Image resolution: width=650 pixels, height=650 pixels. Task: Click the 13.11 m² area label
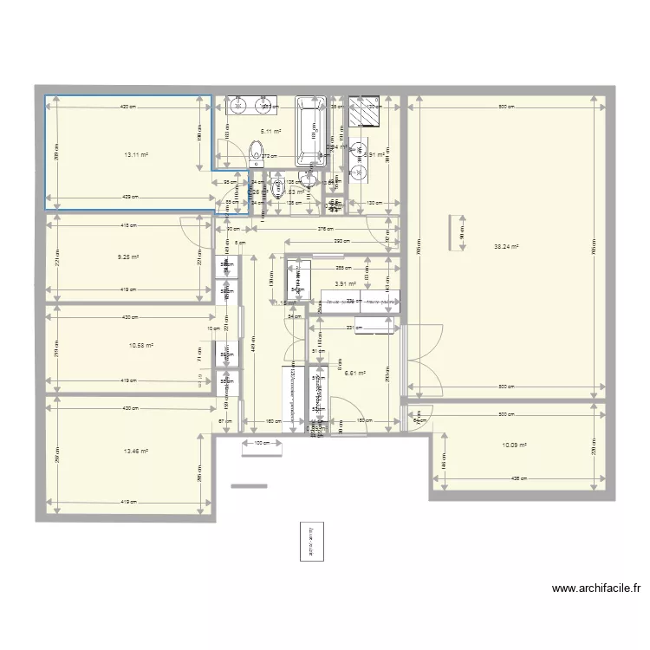tap(136, 155)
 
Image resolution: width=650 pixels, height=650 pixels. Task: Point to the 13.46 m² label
tap(136, 452)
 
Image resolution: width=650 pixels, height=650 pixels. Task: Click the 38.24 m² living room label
tap(506, 246)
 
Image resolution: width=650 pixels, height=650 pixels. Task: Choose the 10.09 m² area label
tap(515, 445)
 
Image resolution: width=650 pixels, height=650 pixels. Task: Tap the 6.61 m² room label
tap(355, 374)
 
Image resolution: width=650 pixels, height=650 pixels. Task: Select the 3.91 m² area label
tap(346, 283)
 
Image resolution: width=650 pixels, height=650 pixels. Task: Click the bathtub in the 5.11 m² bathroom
tap(310, 130)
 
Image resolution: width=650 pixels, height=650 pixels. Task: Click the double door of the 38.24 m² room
tap(423, 342)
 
